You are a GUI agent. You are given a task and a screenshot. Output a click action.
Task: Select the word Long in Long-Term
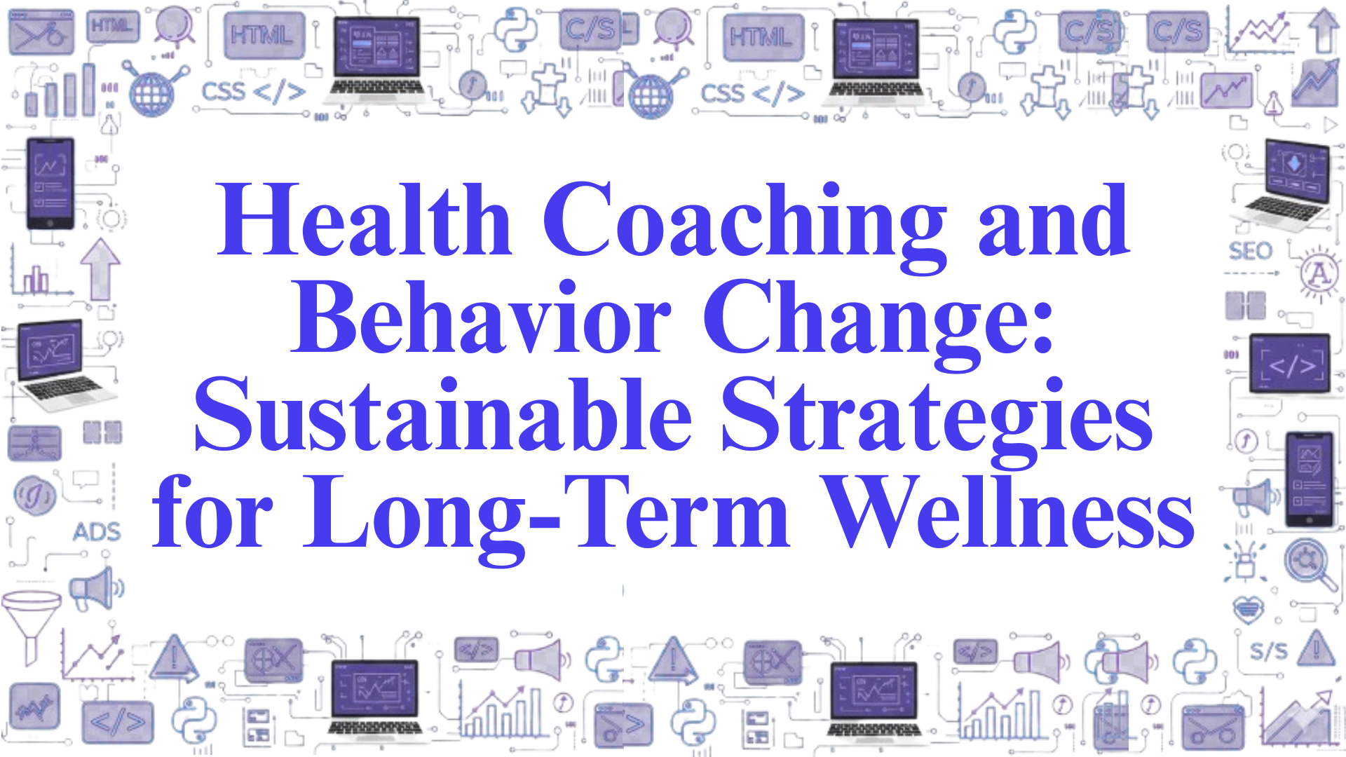tap(414, 515)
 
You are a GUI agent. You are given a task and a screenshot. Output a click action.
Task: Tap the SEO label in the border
tap(1250, 251)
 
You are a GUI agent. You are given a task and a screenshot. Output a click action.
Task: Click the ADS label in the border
tap(97, 532)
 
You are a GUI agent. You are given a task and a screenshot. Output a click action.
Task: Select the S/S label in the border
tap(1268, 651)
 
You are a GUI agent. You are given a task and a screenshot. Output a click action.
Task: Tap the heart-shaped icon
tap(1248, 608)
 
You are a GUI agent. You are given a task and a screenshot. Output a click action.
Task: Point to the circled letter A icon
tap(1319, 273)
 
